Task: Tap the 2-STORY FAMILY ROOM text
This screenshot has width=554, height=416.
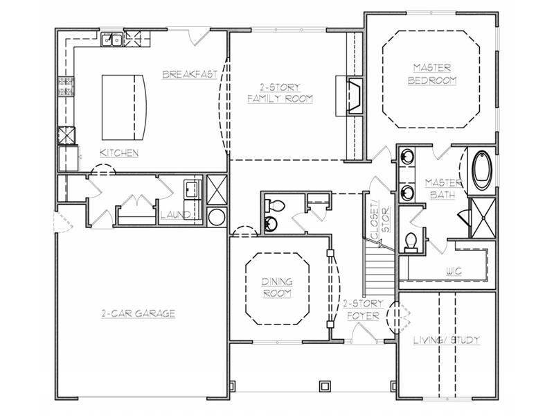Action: pos(280,94)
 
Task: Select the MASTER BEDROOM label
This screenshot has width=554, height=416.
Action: pos(432,73)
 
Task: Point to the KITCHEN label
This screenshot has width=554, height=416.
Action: pos(119,153)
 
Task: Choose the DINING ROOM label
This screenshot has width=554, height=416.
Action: pos(276,287)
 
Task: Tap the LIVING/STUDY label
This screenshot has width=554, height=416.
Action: pos(447,340)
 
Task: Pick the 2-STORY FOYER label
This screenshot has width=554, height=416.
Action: pos(360,309)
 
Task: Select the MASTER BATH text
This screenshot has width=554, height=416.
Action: pos(444,187)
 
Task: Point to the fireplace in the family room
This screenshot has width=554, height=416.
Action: pos(352,95)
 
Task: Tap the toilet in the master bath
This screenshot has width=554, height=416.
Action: pos(411,240)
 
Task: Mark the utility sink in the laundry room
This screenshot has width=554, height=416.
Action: pos(192,188)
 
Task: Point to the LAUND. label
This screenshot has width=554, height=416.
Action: pos(175,216)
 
